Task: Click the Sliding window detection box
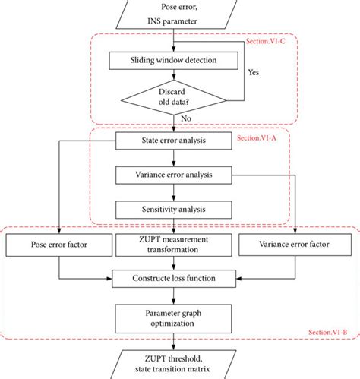[177, 58]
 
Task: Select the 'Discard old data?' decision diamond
[177, 96]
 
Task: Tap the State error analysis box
[177, 141]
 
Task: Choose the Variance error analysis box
[177, 175]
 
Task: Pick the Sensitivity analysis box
[177, 209]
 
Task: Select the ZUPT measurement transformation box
[177, 245]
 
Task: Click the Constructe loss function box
[177, 278]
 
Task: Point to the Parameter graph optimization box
[177, 316]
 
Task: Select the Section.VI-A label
[263, 140]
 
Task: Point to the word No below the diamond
[186, 118]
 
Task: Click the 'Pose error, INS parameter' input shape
[177, 14]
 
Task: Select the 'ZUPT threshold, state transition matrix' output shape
[177, 364]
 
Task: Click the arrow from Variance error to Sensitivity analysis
[177, 192]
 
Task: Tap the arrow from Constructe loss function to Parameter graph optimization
[177, 295]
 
